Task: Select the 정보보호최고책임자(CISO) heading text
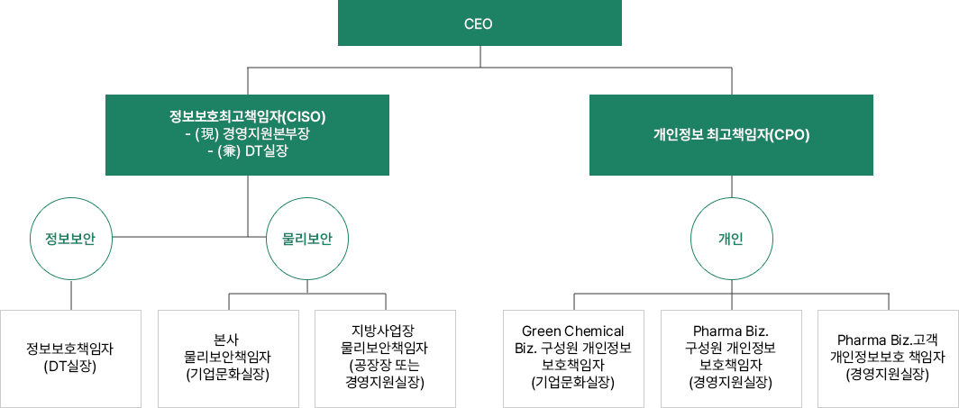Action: pos(248,116)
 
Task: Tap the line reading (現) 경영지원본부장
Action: pos(248,133)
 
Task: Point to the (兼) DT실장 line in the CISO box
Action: pos(248,150)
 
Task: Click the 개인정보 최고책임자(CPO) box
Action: pos(731,134)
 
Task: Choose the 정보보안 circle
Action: pos(70,238)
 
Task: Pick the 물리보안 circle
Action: pos(307,238)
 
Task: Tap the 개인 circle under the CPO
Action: pos(731,238)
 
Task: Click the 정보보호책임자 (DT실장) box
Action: pos(70,358)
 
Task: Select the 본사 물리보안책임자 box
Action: pos(227,358)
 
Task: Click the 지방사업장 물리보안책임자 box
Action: pos(385,358)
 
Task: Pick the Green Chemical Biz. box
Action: pos(573,358)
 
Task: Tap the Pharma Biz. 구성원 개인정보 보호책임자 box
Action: pos(731,358)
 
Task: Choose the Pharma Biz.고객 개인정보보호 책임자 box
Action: pos(888,358)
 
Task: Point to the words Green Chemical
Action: pos(573,331)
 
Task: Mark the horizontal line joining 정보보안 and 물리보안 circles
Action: pos(180,237)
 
